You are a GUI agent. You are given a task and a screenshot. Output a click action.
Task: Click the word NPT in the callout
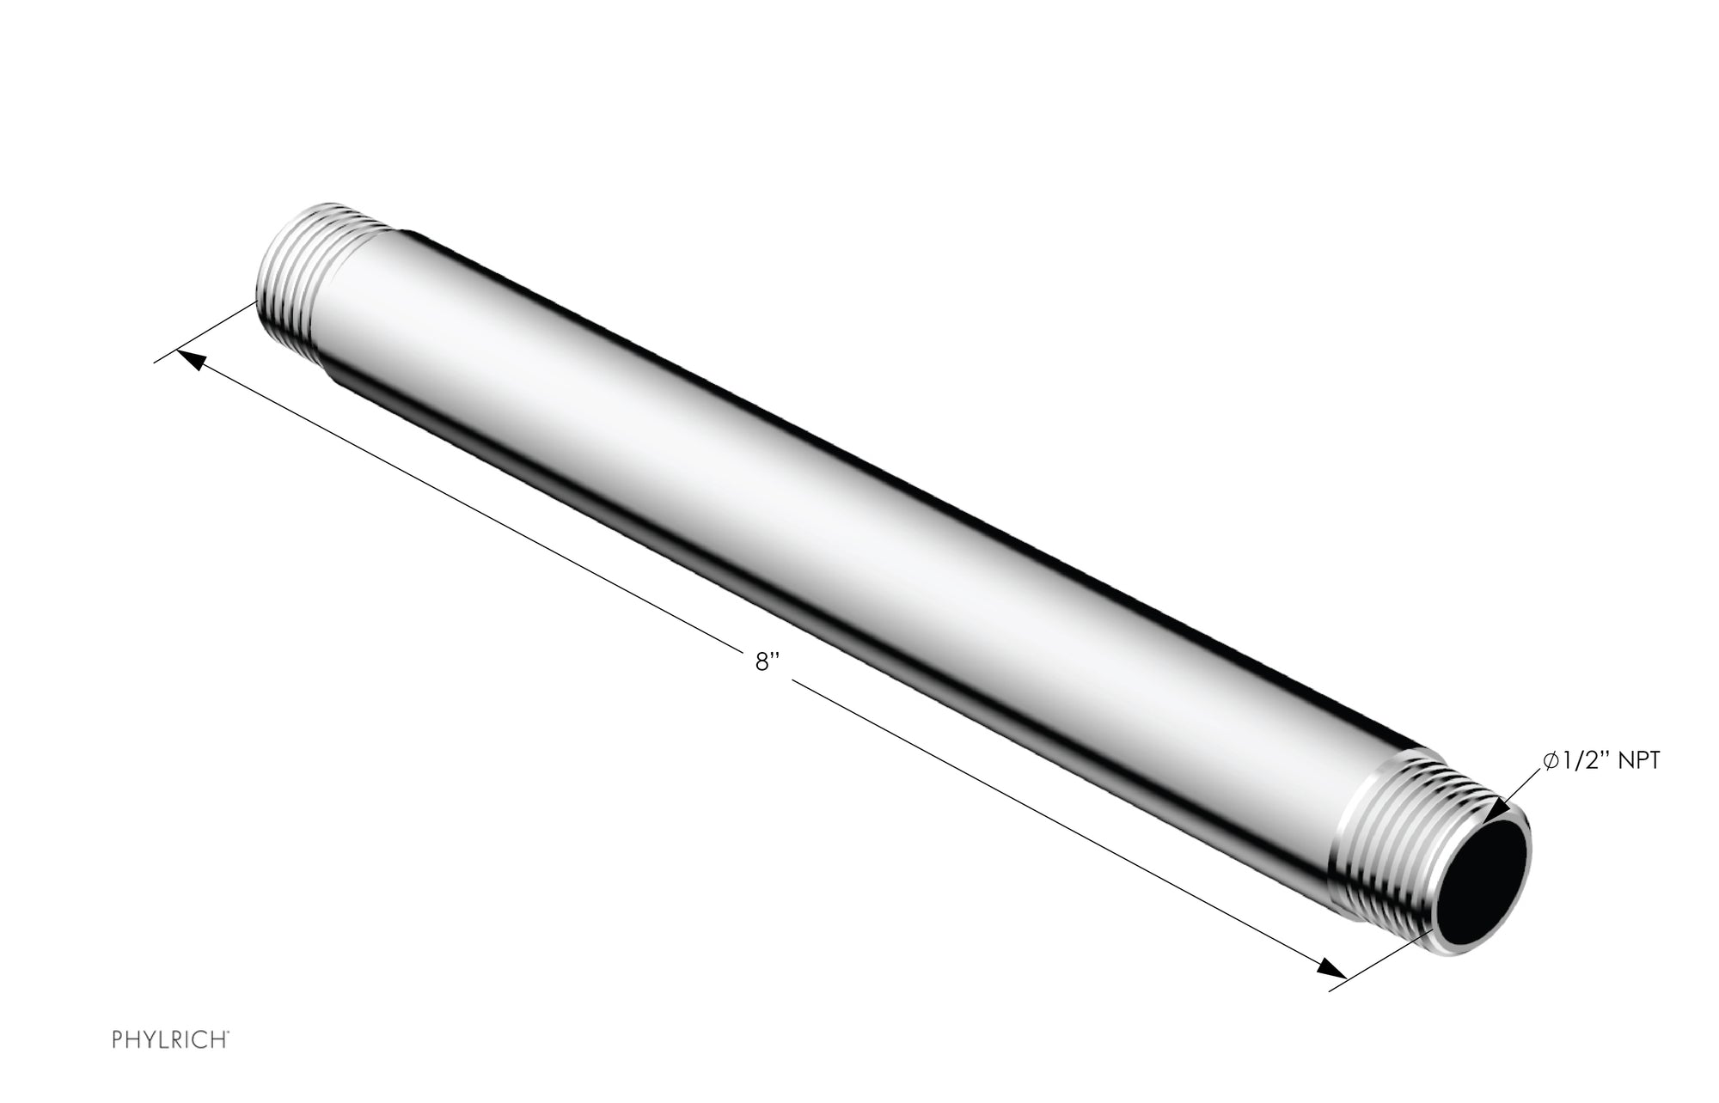(1638, 761)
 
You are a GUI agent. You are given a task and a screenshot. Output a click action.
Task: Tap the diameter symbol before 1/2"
(1551, 761)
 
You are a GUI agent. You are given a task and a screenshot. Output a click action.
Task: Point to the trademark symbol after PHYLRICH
(227, 1036)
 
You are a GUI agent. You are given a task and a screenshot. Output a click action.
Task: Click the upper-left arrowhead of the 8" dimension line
(190, 361)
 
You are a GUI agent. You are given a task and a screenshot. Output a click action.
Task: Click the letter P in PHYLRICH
(118, 1040)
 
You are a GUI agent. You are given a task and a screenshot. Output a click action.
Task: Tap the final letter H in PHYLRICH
(219, 1040)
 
